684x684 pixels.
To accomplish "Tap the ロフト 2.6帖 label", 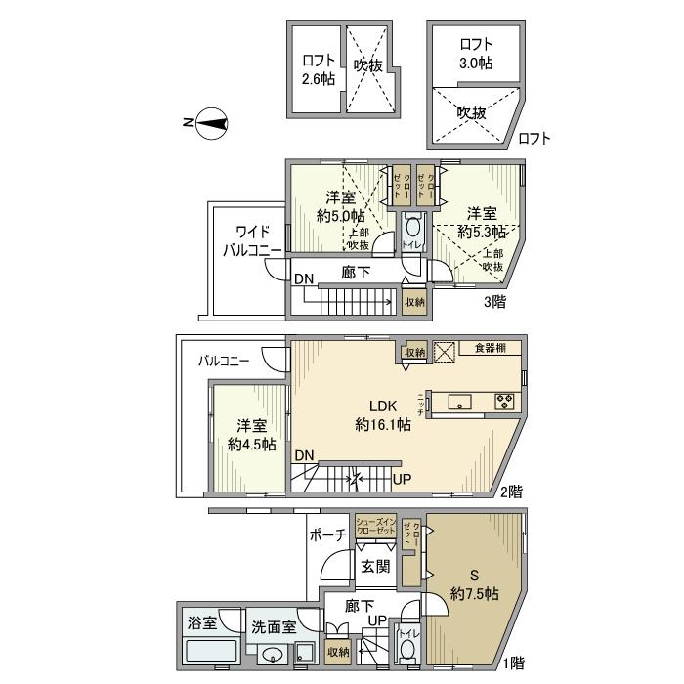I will [x=319, y=70].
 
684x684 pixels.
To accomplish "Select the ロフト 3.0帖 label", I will [x=475, y=54].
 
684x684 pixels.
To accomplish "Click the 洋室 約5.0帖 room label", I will [x=345, y=206].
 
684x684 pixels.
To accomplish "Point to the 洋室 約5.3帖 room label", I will [x=484, y=223].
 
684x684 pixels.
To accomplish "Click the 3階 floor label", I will [x=495, y=301].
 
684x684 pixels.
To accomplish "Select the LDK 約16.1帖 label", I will [x=381, y=415].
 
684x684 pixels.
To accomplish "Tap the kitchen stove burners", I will [x=507, y=400].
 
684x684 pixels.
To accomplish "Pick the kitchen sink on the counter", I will [x=459, y=400].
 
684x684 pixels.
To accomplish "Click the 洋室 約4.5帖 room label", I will [x=251, y=435].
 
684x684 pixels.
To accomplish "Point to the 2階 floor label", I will [x=510, y=491].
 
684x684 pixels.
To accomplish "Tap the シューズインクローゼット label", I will [x=374, y=525].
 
